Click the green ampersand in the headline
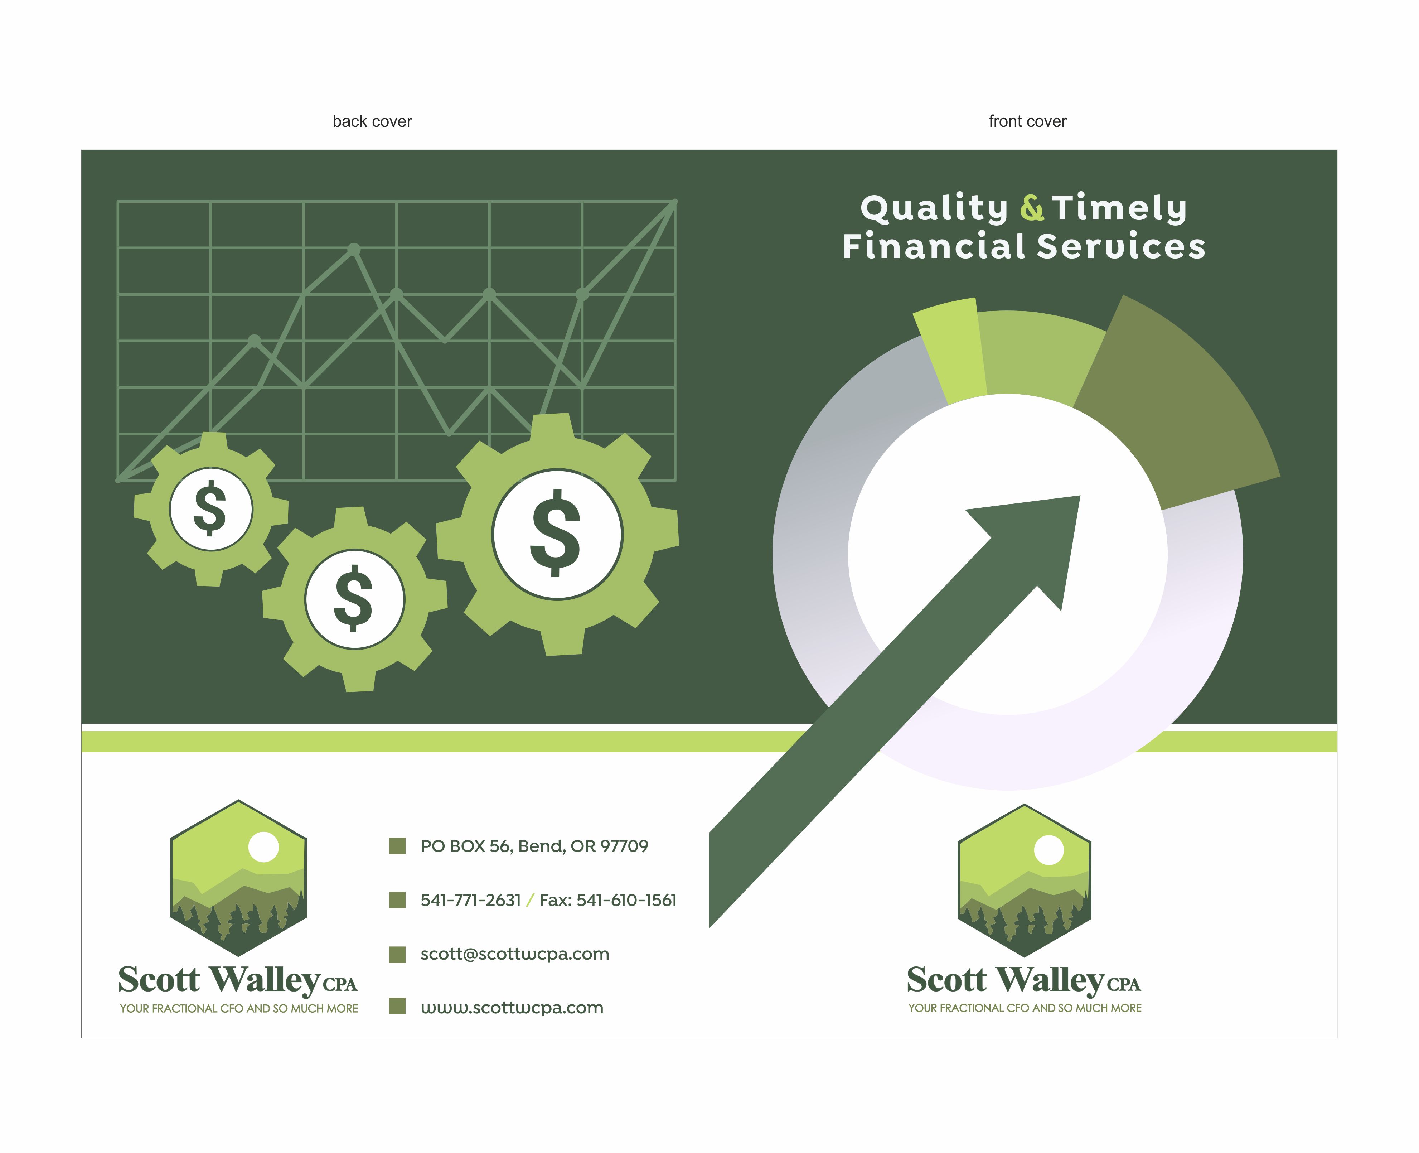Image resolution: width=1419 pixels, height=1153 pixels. [1031, 208]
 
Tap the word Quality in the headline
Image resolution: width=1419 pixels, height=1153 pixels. [934, 208]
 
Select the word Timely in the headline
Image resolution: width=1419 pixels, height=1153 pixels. [1119, 208]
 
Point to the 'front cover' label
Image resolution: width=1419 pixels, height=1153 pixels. [1027, 121]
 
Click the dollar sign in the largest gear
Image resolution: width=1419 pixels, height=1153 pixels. [556, 534]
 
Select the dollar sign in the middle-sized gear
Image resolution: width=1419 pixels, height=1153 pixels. [354, 598]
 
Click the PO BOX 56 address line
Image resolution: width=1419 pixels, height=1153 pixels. [534, 846]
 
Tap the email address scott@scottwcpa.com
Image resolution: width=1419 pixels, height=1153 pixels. [515, 954]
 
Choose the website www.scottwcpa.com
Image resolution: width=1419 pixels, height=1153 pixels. [512, 1008]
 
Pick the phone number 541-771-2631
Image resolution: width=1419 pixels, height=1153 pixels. [470, 901]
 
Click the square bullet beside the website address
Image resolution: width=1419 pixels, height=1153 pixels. [397, 1006]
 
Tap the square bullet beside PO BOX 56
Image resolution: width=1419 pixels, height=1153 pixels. [397, 846]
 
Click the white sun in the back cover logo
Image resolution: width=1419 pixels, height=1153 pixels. [263, 848]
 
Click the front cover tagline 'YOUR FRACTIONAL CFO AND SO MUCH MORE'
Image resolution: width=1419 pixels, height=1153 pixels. [1025, 1008]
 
